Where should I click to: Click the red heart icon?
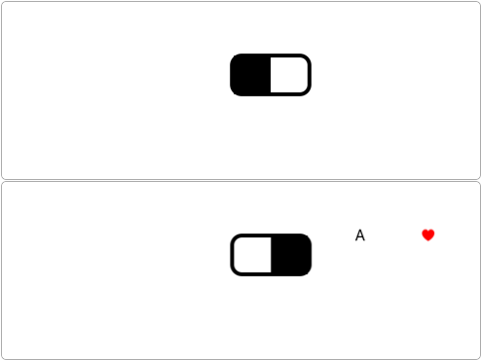click(x=428, y=234)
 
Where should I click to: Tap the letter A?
click(x=360, y=235)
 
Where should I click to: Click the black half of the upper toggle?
click(x=250, y=75)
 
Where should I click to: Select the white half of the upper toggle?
click(x=289, y=75)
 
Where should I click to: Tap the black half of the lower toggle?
click(x=291, y=255)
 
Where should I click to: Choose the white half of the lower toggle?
click(x=252, y=255)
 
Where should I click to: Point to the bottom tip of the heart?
click(x=428, y=241)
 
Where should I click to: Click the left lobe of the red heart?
click(x=425, y=233)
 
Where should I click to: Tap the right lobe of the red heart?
click(x=431, y=233)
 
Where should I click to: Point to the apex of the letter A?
click(x=360, y=230)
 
